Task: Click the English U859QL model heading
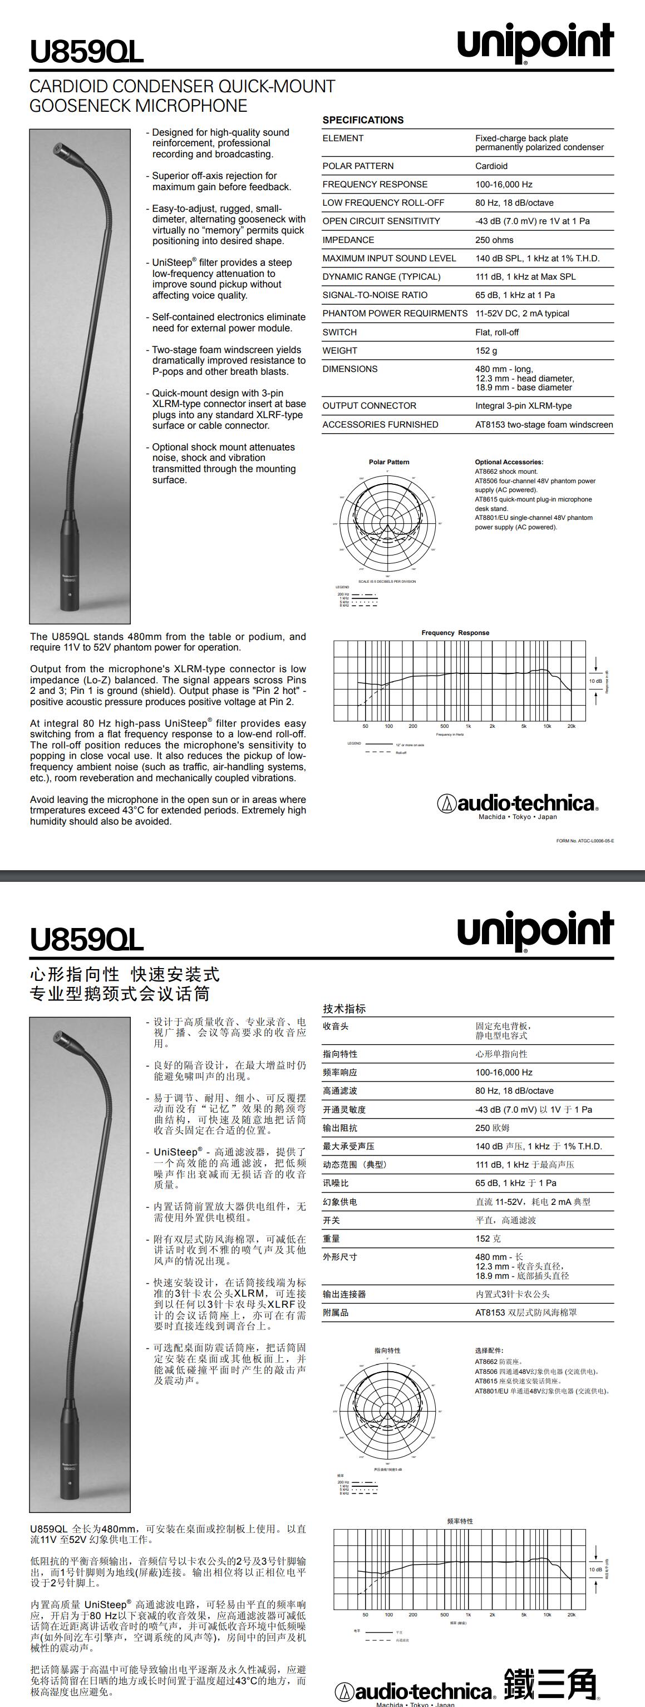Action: [86, 52]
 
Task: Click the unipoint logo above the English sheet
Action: [535, 42]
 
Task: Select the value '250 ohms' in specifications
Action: [494, 240]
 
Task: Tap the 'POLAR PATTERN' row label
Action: [358, 166]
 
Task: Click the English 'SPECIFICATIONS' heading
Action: [363, 120]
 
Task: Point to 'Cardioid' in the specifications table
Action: [491, 166]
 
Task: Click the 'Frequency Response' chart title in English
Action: [455, 633]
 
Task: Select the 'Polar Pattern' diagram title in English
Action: [389, 462]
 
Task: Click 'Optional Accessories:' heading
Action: [509, 462]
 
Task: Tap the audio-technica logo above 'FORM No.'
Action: [518, 804]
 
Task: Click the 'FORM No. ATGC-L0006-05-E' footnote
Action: [585, 841]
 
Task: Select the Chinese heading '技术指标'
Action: [344, 1009]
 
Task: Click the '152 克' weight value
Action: [488, 1238]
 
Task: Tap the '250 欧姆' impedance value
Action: [493, 1128]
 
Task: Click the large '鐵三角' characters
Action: [550, 1684]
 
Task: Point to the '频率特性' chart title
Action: [460, 1521]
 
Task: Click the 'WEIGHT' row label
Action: [340, 350]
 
